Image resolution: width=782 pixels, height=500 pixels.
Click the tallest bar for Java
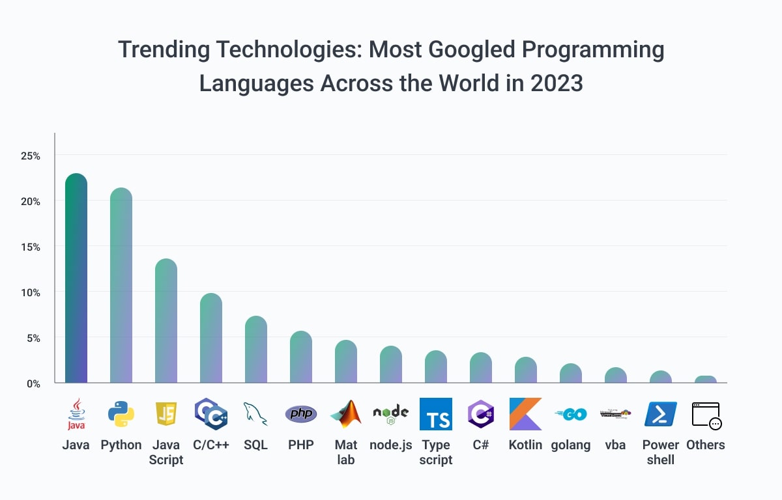[76, 280]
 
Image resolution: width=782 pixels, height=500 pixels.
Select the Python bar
[121, 286]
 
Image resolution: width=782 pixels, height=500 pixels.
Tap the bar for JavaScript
[166, 322]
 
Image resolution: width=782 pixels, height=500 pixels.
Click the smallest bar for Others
[706, 380]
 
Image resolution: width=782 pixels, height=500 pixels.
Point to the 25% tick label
[30, 156]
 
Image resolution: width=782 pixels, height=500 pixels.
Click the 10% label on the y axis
[30, 293]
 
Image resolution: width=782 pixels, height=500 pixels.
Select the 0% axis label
[33, 383]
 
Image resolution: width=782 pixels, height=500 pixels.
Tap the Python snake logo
[121, 414]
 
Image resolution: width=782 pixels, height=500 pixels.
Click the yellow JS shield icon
[166, 414]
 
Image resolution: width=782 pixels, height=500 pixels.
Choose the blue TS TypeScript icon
[436, 414]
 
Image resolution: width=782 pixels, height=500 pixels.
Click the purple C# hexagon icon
[481, 414]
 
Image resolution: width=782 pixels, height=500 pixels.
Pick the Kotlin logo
[525, 414]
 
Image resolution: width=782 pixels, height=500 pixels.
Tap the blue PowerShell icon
[660, 414]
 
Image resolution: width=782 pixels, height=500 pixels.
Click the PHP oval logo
[301, 414]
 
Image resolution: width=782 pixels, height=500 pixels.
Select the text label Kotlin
[525, 445]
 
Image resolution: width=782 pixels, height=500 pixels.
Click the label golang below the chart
[571, 445]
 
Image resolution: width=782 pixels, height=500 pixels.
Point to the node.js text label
[391, 445]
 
